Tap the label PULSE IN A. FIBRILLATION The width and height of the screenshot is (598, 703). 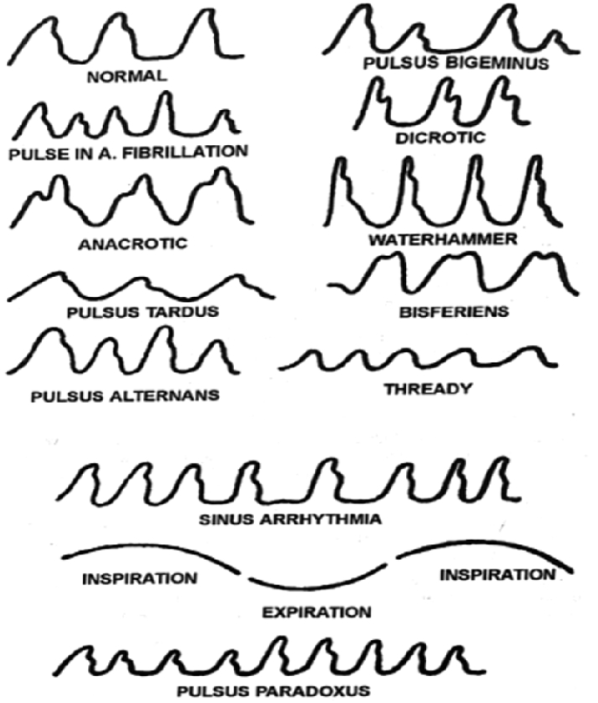pyautogui.click(x=127, y=151)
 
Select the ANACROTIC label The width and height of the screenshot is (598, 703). pyautogui.click(x=132, y=243)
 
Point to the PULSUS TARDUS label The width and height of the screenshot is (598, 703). pyautogui.click(x=129, y=311)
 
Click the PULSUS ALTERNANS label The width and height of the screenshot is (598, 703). pyautogui.click(x=124, y=395)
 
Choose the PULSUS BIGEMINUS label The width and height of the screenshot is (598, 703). pyautogui.click(x=455, y=63)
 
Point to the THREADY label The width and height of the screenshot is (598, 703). pyautogui.click(x=427, y=388)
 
